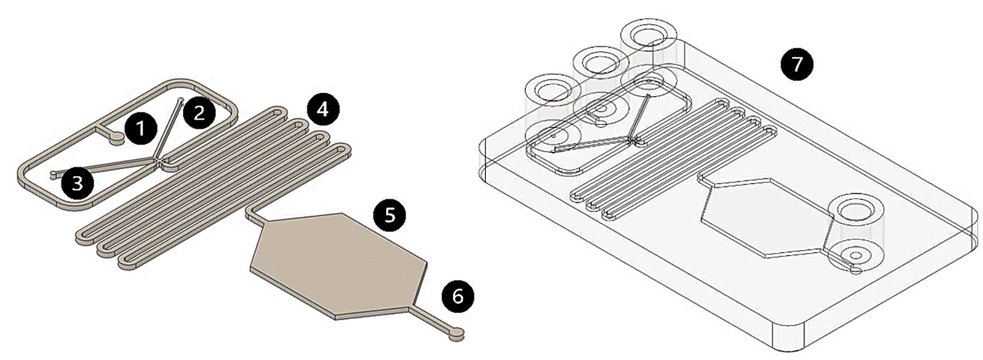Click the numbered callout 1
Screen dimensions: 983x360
click(140, 129)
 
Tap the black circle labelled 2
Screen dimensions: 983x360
click(199, 112)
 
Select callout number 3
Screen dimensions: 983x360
click(78, 184)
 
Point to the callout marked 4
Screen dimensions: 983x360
click(323, 109)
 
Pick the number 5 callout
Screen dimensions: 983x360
click(390, 215)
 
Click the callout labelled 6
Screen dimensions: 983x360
click(458, 297)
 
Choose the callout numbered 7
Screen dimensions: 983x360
click(797, 64)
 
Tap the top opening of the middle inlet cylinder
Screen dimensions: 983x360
click(601, 63)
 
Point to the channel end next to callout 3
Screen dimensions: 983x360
click(54, 175)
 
